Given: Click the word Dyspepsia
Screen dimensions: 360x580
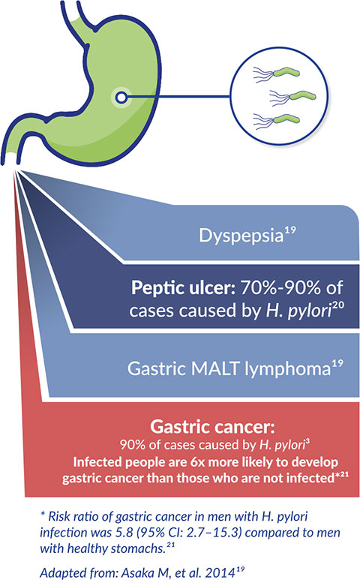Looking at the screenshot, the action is tap(241, 236).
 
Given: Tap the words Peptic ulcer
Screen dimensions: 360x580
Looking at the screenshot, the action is tap(183, 287).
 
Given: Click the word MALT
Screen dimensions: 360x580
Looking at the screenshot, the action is tap(215, 368).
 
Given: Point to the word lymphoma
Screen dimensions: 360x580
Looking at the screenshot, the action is tap(288, 369).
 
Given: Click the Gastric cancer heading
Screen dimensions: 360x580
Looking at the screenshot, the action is tap(212, 427).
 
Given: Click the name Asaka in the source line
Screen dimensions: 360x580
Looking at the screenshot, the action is tap(134, 573).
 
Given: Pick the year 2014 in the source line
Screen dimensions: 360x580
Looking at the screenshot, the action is tap(220, 573).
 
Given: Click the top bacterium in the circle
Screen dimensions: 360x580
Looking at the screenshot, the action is tap(277, 73).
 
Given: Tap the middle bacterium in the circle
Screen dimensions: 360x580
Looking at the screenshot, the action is tap(292, 97).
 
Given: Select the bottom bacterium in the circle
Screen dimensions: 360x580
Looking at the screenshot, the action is tap(277, 121).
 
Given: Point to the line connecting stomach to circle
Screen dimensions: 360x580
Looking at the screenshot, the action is tap(178, 98).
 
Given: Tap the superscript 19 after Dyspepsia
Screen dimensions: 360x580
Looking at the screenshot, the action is tap(290, 230).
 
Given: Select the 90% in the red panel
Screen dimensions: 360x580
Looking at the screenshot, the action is tap(132, 445).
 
